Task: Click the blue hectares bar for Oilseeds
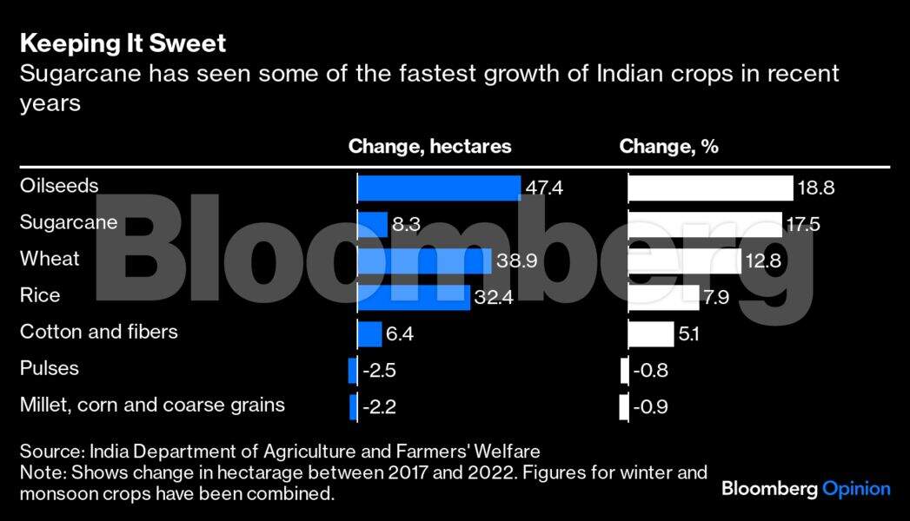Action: click(439, 188)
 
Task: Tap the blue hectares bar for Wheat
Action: click(424, 260)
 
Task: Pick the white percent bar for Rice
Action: click(664, 297)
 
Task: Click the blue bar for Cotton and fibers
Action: click(369, 333)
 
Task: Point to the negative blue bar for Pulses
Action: click(352, 370)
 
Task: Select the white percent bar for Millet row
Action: click(624, 406)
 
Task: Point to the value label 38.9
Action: click(515, 260)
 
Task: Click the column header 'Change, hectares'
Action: click(429, 147)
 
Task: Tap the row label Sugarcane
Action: click(68, 222)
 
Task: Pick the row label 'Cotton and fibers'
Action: click(98, 332)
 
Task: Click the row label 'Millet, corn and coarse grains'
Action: click(152, 405)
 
